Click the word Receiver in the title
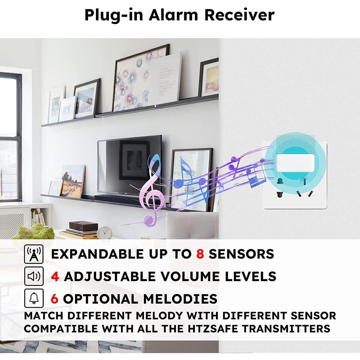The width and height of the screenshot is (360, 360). point(239,15)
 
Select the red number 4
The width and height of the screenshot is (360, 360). point(55,276)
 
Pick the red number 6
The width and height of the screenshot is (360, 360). point(55,299)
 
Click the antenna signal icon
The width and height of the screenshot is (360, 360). point(34,254)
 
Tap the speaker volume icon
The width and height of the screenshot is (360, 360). point(34,276)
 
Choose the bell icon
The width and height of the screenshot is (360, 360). point(34,298)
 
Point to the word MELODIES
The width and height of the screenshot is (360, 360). point(180,299)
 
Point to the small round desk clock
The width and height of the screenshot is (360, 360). point(104,232)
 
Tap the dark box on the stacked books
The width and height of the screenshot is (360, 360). point(83,226)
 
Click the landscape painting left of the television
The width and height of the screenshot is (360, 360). point(73,181)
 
